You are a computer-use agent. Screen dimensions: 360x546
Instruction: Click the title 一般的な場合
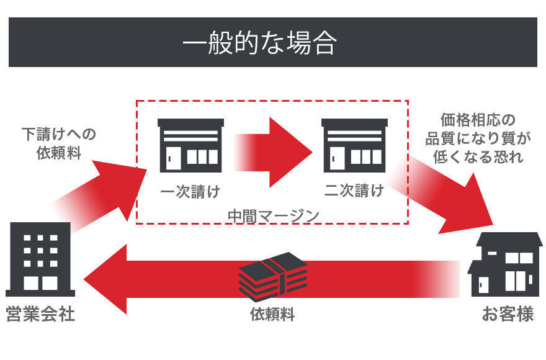click(x=260, y=43)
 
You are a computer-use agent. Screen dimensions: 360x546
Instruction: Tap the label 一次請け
click(x=190, y=191)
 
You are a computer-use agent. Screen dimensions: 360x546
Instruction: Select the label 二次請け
click(x=354, y=190)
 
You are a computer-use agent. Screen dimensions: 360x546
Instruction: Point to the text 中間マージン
click(x=273, y=215)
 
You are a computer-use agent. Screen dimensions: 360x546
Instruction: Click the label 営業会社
click(x=40, y=314)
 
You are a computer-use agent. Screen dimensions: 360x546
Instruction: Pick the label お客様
click(x=508, y=314)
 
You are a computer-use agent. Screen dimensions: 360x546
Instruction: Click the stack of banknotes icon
click(x=273, y=277)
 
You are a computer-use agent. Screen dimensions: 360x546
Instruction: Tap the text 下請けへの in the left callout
click(x=59, y=134)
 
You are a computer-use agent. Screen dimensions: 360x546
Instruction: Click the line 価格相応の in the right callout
click(x=478, y=120)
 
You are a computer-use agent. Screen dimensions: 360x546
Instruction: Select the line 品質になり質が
click(x=478, y=138)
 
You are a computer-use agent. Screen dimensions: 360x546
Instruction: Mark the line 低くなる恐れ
click(x=478, y=156)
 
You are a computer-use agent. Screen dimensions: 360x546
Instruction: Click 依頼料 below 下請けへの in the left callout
click(x=59, y=153)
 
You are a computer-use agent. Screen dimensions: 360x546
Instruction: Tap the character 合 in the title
click(x=324, y=43)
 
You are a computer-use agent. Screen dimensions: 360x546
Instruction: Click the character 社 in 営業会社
click(x=66, y=314)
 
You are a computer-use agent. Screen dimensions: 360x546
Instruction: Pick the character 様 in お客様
click(x=526, y=314)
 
